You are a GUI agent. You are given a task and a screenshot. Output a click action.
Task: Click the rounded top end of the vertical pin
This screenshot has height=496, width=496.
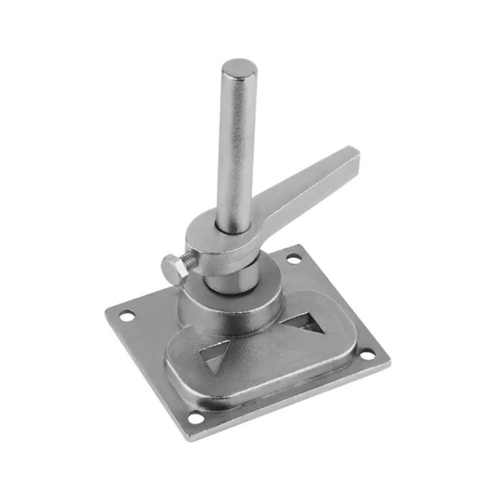(x=239, y=68)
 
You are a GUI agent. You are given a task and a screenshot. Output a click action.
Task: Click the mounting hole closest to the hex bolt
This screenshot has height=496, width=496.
(x=126, y=316)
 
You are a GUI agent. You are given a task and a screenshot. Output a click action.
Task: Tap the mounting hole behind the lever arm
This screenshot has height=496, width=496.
(x=293, y=259)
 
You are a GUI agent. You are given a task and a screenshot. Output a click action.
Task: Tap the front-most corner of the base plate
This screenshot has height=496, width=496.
(x=190, y=438)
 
